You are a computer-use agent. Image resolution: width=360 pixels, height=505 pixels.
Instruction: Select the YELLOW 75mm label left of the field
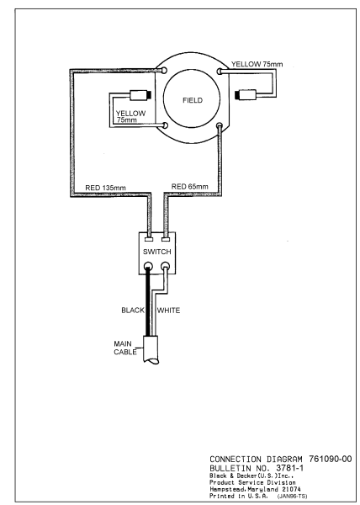point(128,116)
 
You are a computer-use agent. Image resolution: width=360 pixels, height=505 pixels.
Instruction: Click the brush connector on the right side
point(251,94)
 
